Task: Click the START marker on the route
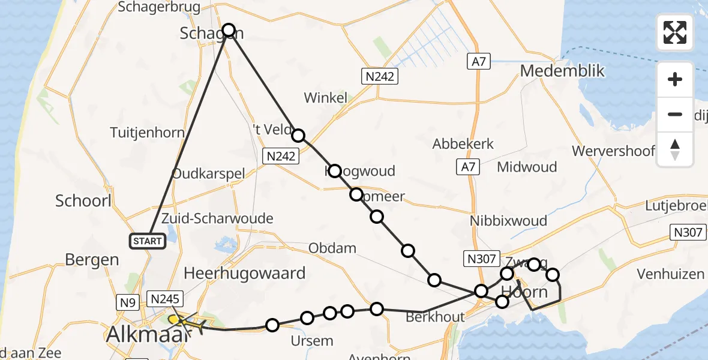146,241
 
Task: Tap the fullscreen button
675,32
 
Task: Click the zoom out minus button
675,114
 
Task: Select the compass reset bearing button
675,149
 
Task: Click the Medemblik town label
562,71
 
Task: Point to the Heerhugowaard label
244,274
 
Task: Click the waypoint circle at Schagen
229,29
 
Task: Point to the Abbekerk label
463,144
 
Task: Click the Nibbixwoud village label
508,221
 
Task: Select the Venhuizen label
670,274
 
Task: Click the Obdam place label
332,248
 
